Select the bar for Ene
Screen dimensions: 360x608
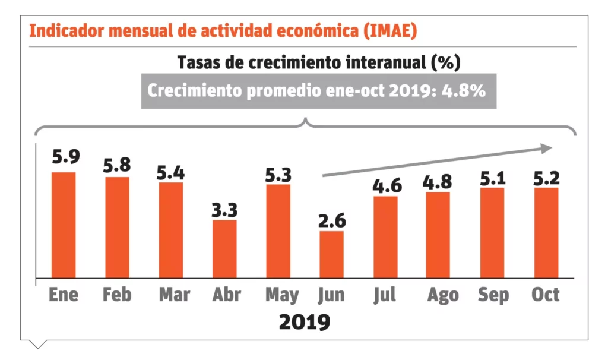pyautogui.click(x=64, y=225)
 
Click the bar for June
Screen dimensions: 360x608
pyautogui.click(x=331, y=254)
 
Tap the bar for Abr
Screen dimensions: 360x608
pyautogui.click(x=224, y=249)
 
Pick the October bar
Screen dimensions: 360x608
pyautogui.click(x=546, y=232)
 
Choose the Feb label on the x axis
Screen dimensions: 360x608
pyautogui.click(x=117, y=295)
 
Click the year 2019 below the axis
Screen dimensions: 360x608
pyautogui.click(x=304, y=322)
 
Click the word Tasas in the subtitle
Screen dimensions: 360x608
pyautogui.click(x=196, y=62)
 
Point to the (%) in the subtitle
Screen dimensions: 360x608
pyautogui.click(x=446, y=62)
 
